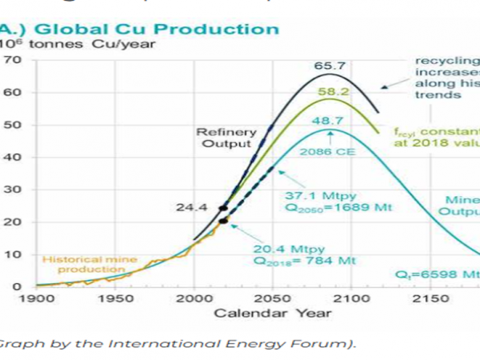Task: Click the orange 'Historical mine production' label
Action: click(86, 265)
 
